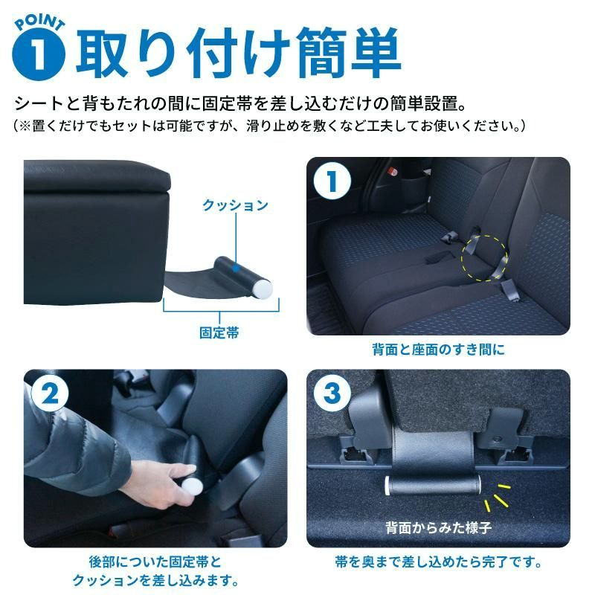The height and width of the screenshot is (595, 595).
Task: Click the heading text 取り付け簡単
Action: click(238, 51)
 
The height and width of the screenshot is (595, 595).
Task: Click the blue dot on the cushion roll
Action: click(234, 266)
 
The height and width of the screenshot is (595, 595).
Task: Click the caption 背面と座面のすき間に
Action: click(438, 349)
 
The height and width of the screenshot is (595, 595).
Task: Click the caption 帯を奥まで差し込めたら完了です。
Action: click(438, 562)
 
